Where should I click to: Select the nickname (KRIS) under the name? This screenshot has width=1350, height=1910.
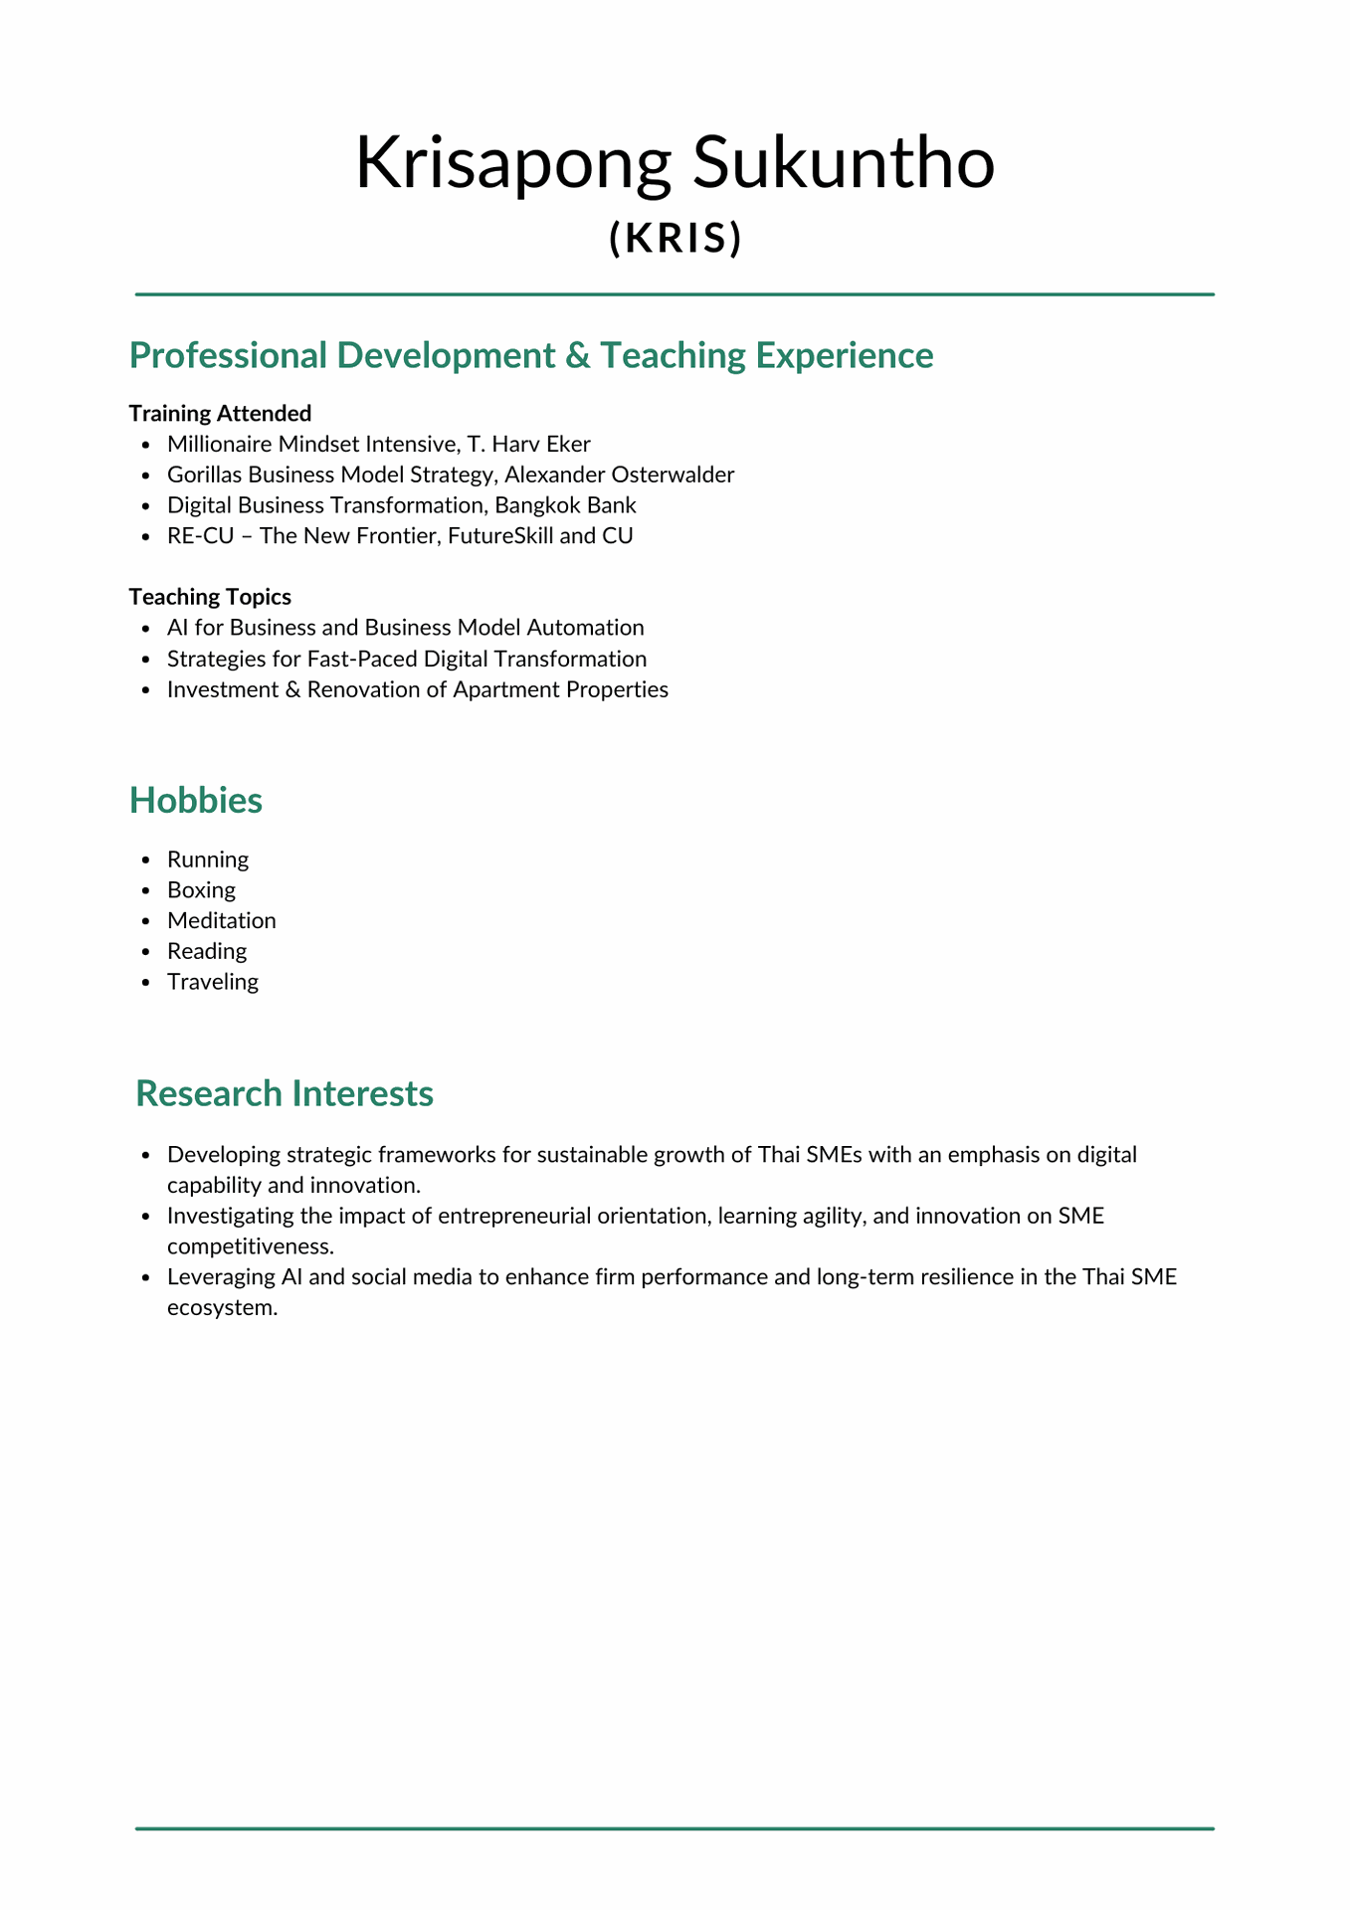[675, 238]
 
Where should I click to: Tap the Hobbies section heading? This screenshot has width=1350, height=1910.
[196, 801]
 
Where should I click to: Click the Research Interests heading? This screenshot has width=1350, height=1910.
[285, 1093]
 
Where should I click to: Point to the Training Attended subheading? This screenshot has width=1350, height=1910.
[220, 413]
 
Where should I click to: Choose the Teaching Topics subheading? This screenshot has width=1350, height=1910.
[210, 597]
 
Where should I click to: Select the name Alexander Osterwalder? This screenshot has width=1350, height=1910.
[620, 475]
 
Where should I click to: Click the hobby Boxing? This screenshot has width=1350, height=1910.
[201, 890]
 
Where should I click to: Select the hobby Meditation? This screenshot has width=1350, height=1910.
[221, 921]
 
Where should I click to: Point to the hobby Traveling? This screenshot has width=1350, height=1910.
[212, 983]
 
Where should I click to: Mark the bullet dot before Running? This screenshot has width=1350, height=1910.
[146, 860]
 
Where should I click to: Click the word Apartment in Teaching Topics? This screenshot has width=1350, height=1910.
[497, 689]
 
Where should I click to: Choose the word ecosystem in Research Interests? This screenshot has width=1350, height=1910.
[222, 1308]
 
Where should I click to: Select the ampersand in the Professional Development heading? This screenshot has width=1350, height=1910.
[576, 356]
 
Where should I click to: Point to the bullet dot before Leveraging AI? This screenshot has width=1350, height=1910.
[146, 1278]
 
